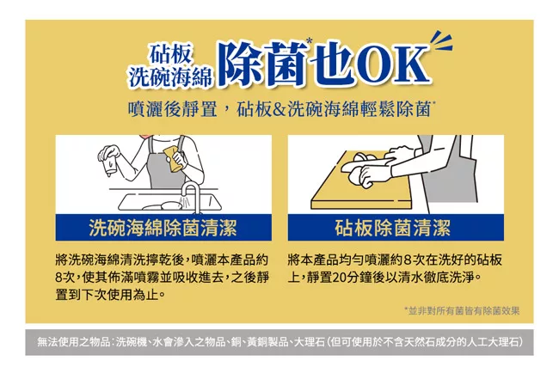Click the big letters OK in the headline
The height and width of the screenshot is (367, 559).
coord(393,64)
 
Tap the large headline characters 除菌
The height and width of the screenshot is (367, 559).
coord(264,64)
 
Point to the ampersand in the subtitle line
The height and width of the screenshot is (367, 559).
coord(279,109)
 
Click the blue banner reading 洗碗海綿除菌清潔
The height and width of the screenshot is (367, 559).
coord(163,228)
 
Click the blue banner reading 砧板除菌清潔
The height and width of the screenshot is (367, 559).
coord(396,228)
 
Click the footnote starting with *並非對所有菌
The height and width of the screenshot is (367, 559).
coord(462,311)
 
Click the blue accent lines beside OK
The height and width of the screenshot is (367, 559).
coord(441,42)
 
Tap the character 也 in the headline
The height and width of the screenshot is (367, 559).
coord(332,64)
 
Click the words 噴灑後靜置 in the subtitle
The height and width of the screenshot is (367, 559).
coord(173,109)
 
